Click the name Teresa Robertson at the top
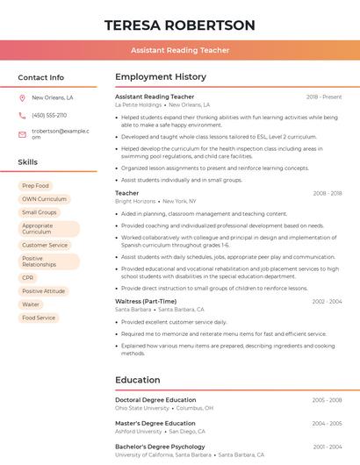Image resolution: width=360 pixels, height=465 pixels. point(180,25)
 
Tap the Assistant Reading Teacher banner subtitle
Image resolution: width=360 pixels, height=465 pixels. point(180,50)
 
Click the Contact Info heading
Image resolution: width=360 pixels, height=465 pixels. point(40,77)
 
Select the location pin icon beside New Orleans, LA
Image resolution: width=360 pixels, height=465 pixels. point(22,98)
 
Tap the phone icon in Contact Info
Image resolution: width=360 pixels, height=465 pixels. point(22,115)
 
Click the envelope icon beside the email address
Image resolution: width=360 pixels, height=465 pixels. point(22,133)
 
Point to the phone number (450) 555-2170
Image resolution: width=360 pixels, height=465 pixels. point(49,115)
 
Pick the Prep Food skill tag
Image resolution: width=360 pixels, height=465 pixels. point(35,186)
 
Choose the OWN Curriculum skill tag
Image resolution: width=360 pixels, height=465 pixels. point(44,199)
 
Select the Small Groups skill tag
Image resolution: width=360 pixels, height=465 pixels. point(39,212)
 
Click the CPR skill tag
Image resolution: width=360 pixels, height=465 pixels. point(28,278)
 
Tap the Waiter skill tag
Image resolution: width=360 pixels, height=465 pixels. point(31,304)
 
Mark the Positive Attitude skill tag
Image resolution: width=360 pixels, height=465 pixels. point(43,291)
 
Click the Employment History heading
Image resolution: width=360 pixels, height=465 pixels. point(161,77)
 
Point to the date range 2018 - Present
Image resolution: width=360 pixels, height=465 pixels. point(324,97)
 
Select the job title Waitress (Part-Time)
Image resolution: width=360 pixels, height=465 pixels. point(146,301)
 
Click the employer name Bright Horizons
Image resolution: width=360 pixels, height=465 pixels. point(135,202)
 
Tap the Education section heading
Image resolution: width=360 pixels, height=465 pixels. point(137,380)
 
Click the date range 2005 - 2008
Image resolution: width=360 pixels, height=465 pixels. point(327,400)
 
